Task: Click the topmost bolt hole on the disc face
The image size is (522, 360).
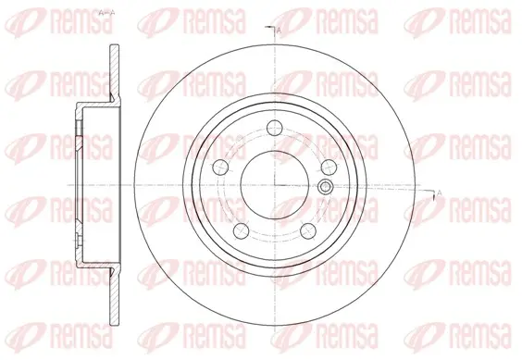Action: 275,128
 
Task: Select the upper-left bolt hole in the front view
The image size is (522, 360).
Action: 221,167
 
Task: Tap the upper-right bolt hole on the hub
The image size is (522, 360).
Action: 329,167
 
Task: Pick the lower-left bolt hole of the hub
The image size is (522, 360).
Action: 242,230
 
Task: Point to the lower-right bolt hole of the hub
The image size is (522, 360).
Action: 308,230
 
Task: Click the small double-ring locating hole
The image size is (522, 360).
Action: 325,187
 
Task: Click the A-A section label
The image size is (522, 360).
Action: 107,13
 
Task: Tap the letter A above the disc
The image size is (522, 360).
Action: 279,31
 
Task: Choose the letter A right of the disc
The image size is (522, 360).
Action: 439,192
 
